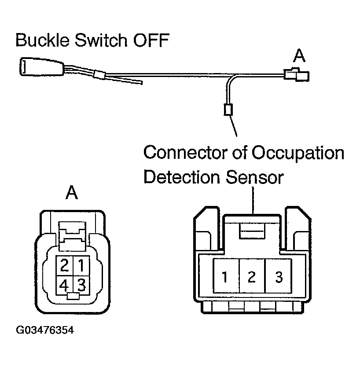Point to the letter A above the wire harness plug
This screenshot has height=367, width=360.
coord(299,56)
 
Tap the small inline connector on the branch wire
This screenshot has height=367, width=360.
coord(228,109)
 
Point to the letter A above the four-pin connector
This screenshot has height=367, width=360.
coord(72,192)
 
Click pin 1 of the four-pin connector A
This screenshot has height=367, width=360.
coord(81,265)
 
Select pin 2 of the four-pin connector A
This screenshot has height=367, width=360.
coord(64,265)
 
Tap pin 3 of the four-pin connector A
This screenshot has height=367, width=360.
coord(81,284)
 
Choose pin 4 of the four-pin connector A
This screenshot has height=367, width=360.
coord(64,285)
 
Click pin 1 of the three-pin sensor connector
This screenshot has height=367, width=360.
coord(225,277)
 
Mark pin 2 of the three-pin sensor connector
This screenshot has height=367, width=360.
coord(252,277)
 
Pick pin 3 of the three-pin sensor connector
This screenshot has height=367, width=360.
coord(278,277)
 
